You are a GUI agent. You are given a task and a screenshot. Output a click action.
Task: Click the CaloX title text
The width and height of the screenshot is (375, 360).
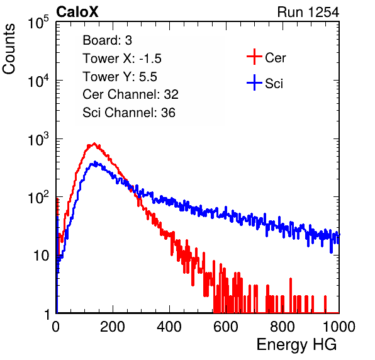coord(77,12)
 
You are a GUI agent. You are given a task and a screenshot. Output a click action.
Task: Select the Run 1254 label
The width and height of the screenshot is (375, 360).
coord(308,12)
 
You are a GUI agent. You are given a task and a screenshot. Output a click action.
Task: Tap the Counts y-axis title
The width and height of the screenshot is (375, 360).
coord(9,49)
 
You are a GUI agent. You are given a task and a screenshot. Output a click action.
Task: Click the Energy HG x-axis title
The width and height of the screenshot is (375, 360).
coord(296,345)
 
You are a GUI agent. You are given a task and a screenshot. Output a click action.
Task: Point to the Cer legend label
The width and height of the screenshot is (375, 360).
coord(275,58)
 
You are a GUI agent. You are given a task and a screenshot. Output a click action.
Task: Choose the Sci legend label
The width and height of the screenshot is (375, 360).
coord(274,84)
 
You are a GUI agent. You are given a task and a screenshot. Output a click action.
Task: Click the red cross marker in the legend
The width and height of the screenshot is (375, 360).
coord(254,57)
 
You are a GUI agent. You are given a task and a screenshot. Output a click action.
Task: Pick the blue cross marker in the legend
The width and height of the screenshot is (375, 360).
coord(254,82)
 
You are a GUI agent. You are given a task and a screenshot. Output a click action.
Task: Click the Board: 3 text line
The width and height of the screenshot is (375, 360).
coord(108,40)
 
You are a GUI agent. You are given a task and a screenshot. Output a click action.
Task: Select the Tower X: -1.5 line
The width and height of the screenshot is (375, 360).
coord(122,59)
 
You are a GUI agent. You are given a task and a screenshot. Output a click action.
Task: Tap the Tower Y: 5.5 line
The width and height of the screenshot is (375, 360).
coord(120,77)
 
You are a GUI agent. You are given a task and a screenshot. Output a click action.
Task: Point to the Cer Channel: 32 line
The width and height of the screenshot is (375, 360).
coord(131,94)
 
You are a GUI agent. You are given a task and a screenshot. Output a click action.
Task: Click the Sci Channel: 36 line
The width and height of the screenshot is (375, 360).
coord(129,113)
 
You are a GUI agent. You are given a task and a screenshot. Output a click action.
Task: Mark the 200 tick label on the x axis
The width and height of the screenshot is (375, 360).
coord(113,326)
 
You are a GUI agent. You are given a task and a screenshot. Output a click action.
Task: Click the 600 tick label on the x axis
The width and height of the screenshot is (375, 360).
coord(226,326)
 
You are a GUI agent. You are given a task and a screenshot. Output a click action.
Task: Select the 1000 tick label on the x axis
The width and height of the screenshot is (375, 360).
coord(339,326)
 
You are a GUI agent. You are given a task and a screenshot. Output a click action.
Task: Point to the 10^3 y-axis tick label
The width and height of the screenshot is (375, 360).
coord(38,139)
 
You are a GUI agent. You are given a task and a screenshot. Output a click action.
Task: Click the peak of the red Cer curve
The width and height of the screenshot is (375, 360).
coord(94,143)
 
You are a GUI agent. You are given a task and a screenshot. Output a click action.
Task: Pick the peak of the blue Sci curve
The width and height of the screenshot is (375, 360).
coord(95,162)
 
